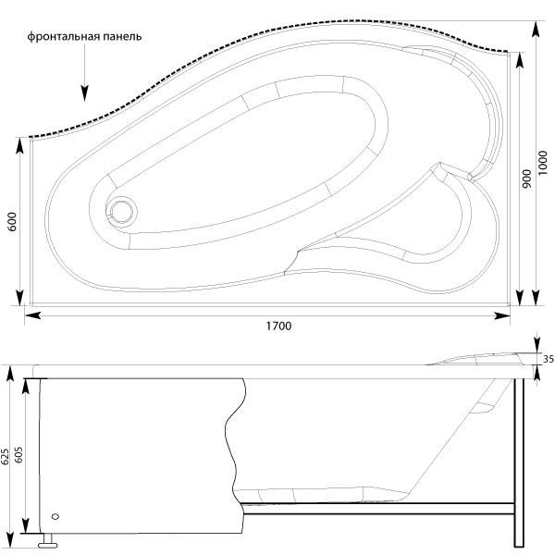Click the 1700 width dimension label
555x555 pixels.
click(x=278, y=326)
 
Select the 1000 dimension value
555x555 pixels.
click(x=542, y=163)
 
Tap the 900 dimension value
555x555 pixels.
click(x=526, y=179)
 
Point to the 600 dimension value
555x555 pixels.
click(x=12, y=222)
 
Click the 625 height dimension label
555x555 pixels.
click(x=5, y=457)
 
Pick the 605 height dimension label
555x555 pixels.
click(x=18, y=454)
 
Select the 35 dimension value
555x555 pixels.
click(x=549, y=359)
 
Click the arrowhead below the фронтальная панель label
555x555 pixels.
click(x=84, y=93)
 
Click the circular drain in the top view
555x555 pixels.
click(x=121, y=211)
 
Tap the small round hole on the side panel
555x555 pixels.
click(x=55, y=517)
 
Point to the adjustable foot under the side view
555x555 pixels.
click(x=47, y=540)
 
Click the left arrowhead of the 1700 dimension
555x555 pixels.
click(x=33, y=315)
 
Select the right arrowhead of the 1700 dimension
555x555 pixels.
click(x=502, y=315)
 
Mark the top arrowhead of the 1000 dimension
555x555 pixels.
click(x=536, y=30)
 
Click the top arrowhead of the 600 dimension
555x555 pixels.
click(x=20, y=146)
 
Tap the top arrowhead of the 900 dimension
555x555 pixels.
click(x=519, y=60)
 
